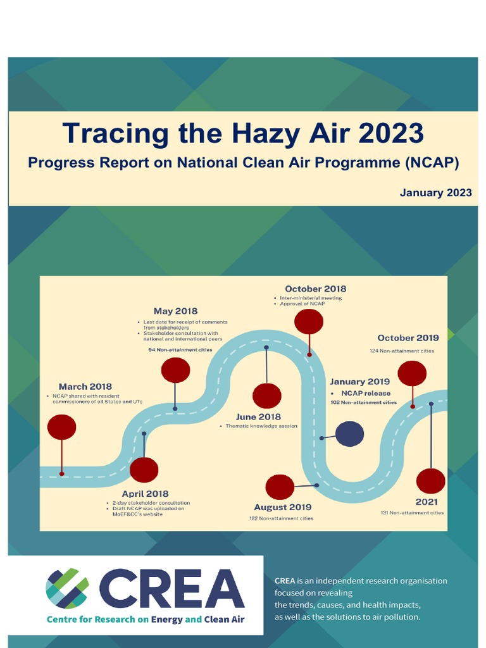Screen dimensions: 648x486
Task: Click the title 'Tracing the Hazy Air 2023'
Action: (x=243, y=134)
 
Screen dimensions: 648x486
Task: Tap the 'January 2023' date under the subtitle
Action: (x=435, y=192)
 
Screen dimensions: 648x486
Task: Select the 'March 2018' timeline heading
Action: (x=85, y=387)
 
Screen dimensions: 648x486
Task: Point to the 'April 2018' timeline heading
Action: (x=146, y=494)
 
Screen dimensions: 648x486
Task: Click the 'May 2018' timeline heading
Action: (x=175, y=311)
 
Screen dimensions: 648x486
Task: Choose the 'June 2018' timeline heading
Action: (x=258, y=417)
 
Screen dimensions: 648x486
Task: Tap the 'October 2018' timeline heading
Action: (x=315, y=289)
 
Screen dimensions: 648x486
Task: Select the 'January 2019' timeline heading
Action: (x=359, y=382)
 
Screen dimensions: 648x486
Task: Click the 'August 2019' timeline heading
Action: (x=283, y=507)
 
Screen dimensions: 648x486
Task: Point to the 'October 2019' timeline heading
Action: (x=408, y=338)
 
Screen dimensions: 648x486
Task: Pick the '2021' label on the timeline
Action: (x=427, y=502)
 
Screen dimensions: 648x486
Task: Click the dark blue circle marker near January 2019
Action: (x=349, y=434)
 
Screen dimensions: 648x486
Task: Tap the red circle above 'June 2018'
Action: (x=266, y=396)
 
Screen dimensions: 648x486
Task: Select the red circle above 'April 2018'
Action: (x=144, y=470)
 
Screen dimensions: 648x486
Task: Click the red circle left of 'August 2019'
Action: (x=280, y=487)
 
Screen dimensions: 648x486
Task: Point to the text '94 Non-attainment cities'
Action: (x=180, y=349)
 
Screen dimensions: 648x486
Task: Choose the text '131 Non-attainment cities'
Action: (x=412, y=513)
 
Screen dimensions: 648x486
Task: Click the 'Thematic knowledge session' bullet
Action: (x=261, y=426)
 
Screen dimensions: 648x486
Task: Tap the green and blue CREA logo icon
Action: (x=67, y=589)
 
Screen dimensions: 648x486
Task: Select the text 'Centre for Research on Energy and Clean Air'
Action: (x=146, y=620)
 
